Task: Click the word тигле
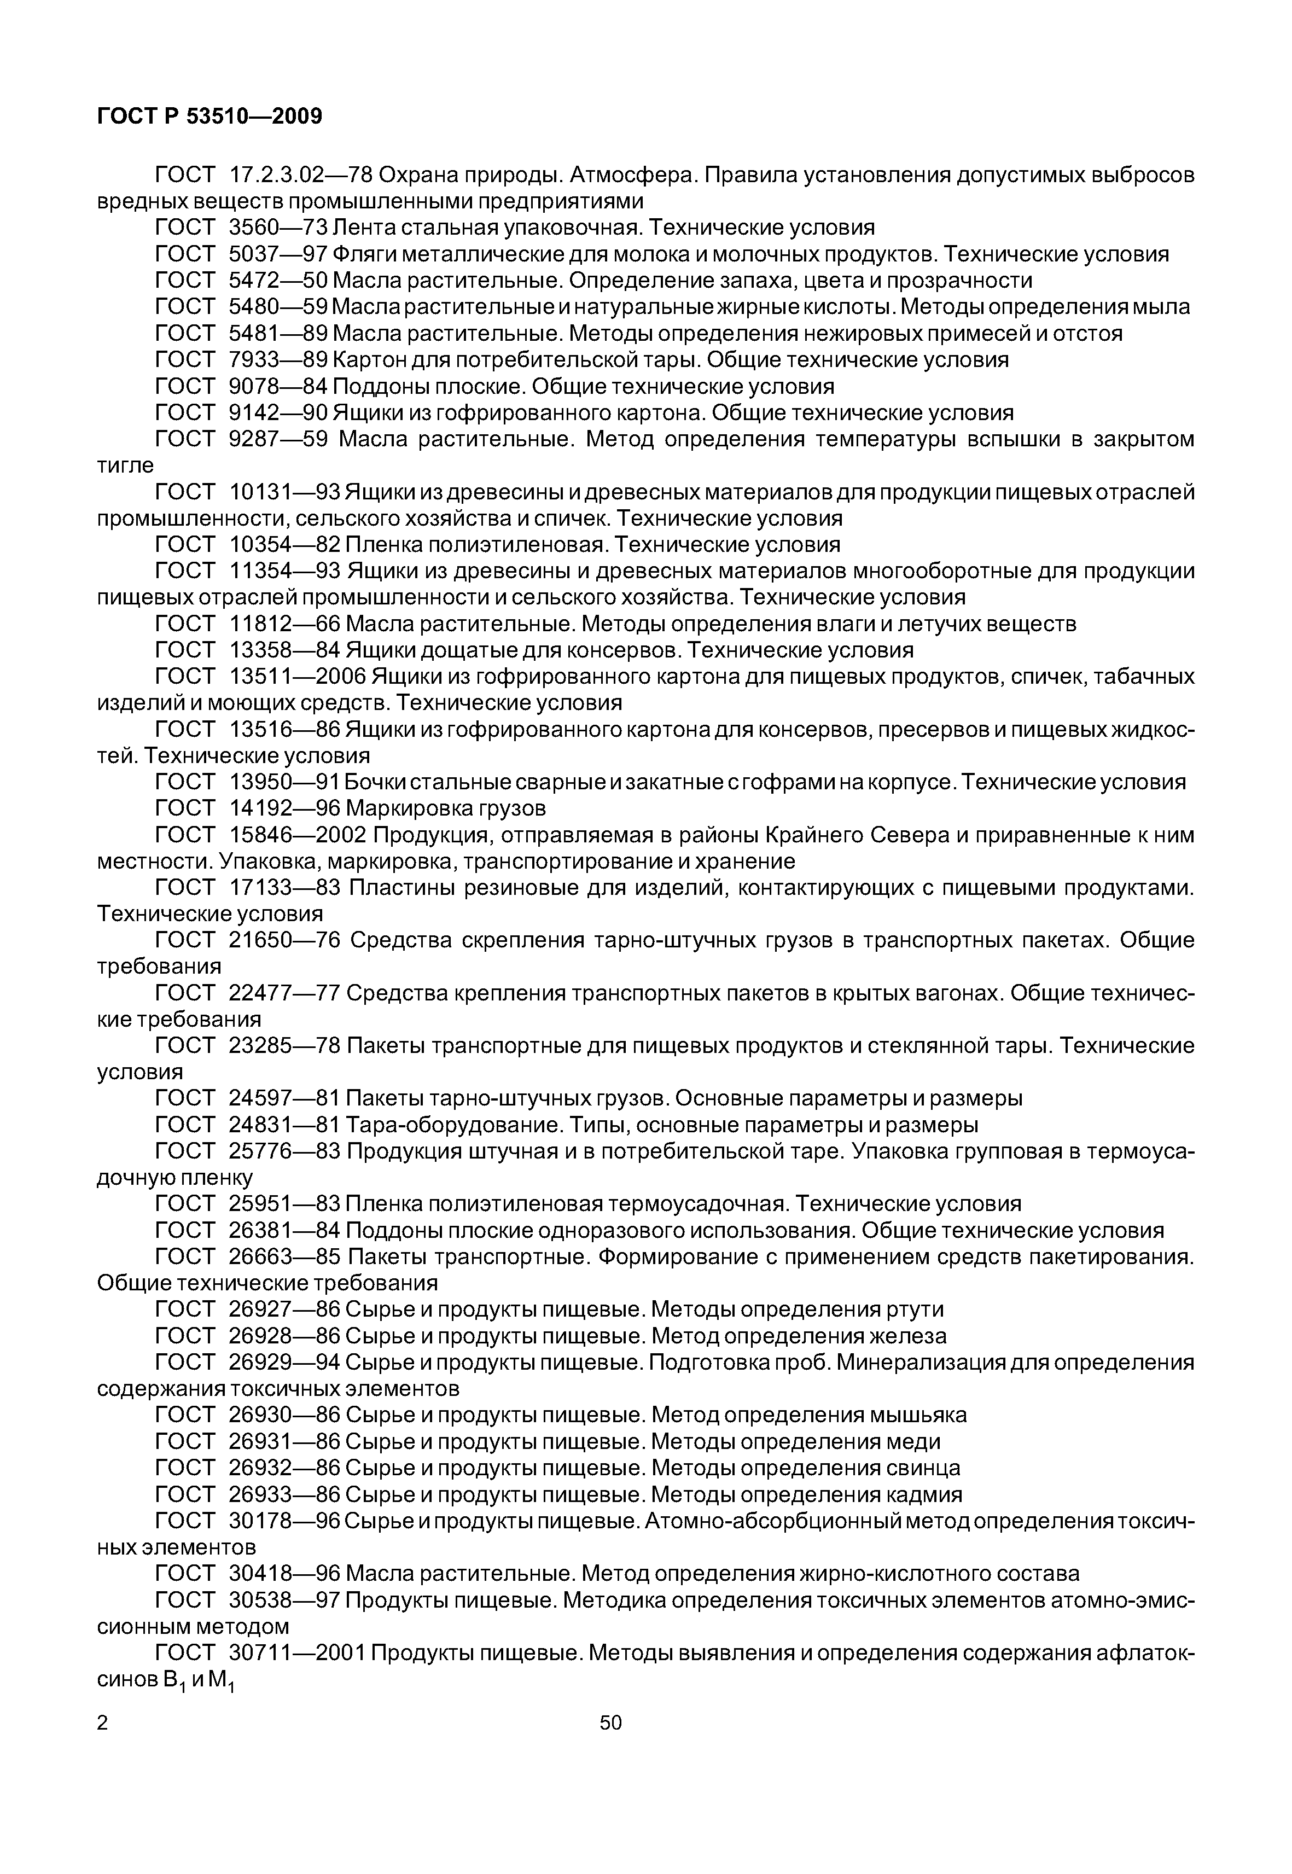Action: click(x=125, y=465)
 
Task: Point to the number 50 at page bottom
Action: click(x=610, y=1722)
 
